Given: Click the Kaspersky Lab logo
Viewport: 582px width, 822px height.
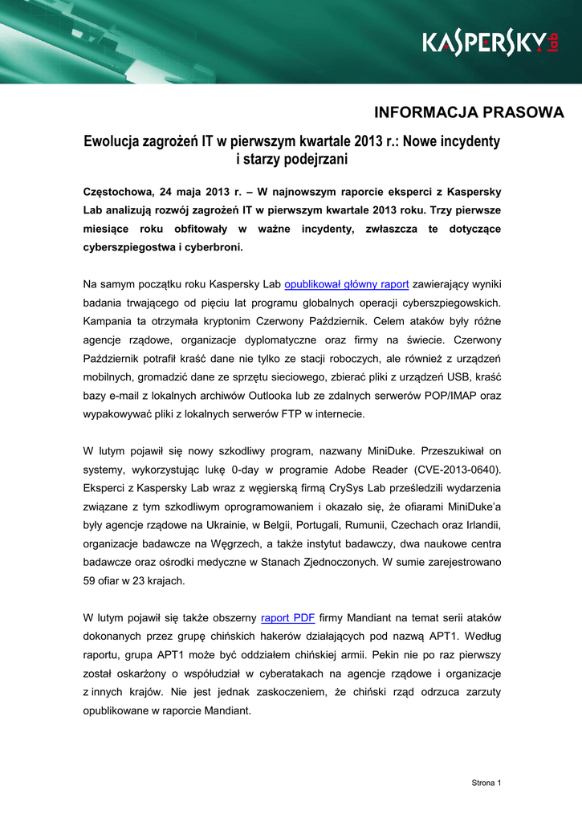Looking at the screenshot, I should point(490,42).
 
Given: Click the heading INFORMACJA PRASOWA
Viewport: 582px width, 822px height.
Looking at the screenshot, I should point(470,112).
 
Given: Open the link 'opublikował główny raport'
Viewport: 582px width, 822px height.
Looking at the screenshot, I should point(347,283).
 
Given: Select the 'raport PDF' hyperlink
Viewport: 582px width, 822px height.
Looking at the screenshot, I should point(288,617).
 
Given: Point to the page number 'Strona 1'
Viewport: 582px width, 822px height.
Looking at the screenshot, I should point(486,783).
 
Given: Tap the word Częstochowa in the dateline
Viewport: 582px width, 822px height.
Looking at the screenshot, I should point(118,192).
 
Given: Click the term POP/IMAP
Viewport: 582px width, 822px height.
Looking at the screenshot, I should point(453,395).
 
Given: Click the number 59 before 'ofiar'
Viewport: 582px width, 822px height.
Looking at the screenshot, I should point(90,580).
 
